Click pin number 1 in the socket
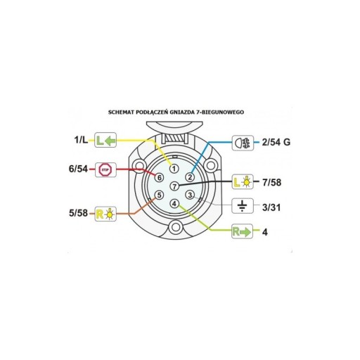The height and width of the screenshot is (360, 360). coord(174,168)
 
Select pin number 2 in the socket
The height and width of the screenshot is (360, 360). coord(190,177)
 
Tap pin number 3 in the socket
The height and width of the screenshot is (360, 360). coord(190,195)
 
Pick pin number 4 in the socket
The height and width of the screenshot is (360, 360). coord(174,204)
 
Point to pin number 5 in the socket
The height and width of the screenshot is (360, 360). coord(159,195)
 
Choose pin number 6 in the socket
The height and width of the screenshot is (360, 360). coord(159,177)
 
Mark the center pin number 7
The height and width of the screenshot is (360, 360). coord(174,186)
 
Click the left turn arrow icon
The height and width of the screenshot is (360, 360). coord(105,140)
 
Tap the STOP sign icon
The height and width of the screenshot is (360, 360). coord(105,169)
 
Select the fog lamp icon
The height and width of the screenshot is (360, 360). coord(243,143)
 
